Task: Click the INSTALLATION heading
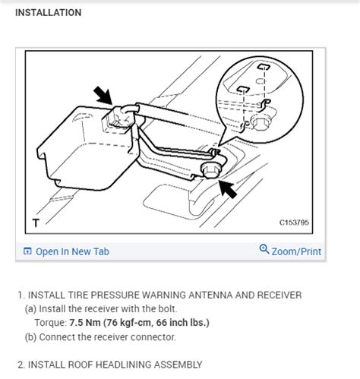tap(48, 13)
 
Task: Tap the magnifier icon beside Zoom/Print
tap(264, 250)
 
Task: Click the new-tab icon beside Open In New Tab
tap(27, 251)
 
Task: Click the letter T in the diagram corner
tap(35, 223)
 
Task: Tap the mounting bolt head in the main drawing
tap(210, 169)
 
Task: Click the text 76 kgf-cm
tap(147, 323)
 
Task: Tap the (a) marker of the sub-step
tap(31, 309)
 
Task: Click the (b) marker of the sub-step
tap(31, 336)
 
